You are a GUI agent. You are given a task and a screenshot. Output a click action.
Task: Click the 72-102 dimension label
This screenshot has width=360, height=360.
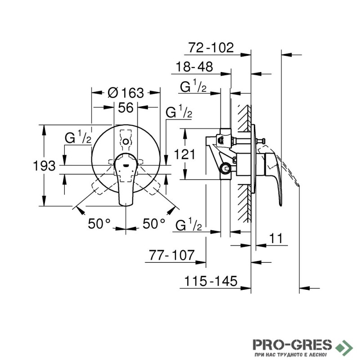coord(211,48)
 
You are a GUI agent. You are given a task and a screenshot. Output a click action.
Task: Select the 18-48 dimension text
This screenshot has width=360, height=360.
coord(194,67)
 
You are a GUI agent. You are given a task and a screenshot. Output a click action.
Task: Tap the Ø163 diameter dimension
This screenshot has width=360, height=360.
coord(126,93)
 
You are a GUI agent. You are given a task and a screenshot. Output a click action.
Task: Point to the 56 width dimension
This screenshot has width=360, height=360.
coord(126,108)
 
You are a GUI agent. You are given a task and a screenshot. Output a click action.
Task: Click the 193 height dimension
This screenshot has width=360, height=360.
coord(44,166)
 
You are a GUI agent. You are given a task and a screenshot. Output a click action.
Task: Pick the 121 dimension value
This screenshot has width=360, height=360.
coord(184,154)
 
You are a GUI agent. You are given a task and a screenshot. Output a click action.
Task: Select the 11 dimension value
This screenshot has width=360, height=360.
coord(276,238)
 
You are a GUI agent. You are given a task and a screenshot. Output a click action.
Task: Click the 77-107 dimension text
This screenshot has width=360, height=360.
coord(172,255)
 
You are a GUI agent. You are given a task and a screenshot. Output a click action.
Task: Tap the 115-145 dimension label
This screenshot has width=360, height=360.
coord(211,281)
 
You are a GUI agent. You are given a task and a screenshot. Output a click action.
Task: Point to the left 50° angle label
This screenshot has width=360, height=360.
coord(99,223)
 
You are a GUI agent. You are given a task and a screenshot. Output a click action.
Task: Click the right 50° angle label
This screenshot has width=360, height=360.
coord(154,223)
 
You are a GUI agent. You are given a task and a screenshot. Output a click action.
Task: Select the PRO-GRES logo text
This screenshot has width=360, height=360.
coord(292,345)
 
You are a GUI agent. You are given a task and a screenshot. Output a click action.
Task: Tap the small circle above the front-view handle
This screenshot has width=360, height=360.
coord(126,142)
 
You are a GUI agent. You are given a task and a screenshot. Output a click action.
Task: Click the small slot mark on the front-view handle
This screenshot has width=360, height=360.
coord(126,165)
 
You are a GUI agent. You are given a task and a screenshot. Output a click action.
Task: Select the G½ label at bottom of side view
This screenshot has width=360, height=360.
coord(189,225)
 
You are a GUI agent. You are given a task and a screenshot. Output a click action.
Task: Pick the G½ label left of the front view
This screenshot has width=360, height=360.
coord(78,137)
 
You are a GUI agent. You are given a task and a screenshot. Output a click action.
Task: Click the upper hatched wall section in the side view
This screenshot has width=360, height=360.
coord(244,118)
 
